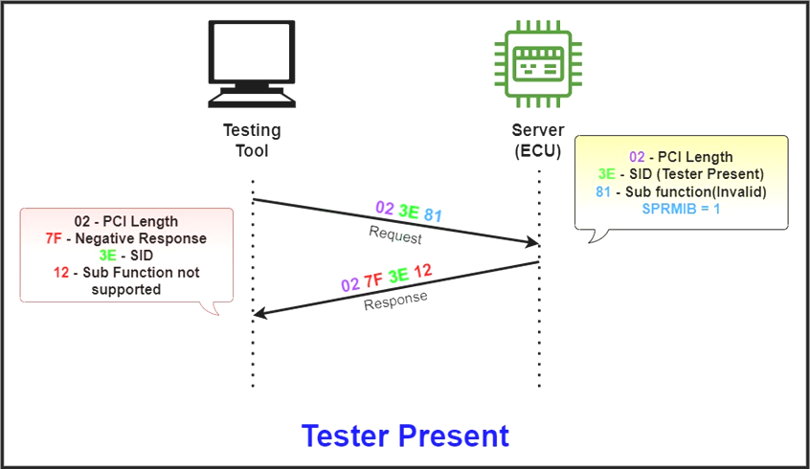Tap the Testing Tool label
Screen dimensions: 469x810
coord(252,141)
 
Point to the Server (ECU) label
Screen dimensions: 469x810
coord(539,141)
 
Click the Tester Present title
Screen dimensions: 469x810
coord(405,435)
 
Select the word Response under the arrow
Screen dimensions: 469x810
coord(395,300)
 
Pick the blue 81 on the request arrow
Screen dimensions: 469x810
coord(433,215)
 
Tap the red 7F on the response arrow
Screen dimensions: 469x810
coord(373,280)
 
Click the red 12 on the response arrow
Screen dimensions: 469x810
coord(422,271)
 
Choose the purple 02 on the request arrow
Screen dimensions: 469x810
coord(385,207)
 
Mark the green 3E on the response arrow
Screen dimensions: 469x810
coord(398,276)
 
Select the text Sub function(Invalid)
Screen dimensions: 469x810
coord(695,191)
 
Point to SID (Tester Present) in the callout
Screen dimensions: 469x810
coord(696,174)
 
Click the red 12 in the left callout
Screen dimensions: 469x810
coord(62,273)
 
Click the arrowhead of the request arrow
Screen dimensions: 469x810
coord(532,244)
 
